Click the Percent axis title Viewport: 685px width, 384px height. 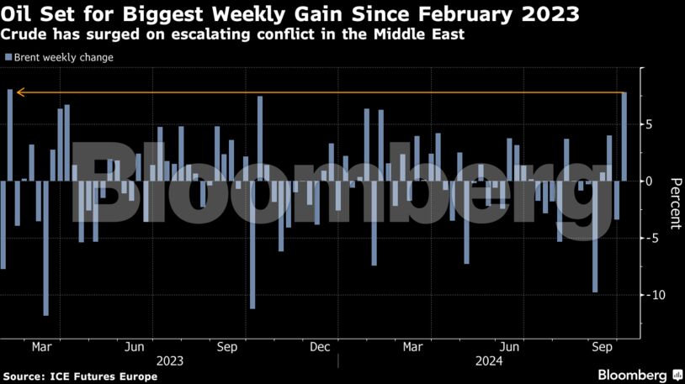tap(674, 203)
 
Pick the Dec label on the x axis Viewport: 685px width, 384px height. tap(319, 346)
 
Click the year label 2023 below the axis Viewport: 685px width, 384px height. tap(170, 360)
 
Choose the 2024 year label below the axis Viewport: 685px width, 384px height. tap(489, 360)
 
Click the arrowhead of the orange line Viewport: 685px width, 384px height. tap(19, 92)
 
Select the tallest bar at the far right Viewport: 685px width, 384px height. tap(624, 136)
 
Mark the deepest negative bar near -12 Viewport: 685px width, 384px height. tap(45, 248)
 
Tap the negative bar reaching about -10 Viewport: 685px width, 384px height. tap(595, 236)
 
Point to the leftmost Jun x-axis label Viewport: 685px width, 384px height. tap(135, 346)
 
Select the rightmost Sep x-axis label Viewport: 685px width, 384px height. tap(601, 346)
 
